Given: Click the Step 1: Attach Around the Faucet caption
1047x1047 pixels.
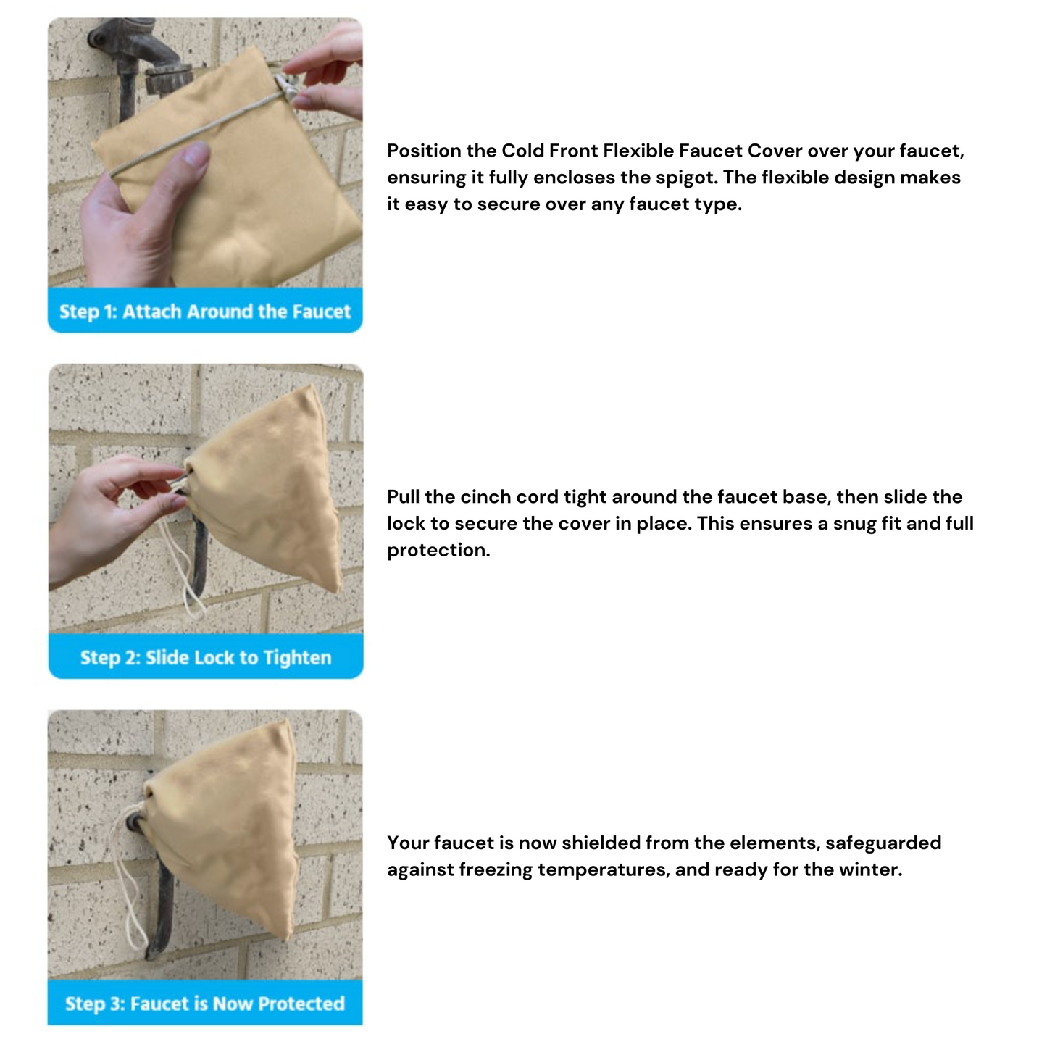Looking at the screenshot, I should [x=204, y=312].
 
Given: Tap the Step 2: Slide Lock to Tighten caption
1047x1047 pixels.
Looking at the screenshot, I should [x=206, y=658].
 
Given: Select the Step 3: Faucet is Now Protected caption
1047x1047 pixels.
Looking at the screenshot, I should [x=205, y=1004].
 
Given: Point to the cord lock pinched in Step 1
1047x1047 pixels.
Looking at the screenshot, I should [x=286, y=88].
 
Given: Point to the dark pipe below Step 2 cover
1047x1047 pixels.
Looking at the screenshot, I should [x=199, y=558].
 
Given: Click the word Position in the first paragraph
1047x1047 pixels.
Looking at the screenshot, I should [x=424, y=151].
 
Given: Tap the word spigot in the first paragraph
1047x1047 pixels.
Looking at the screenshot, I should [x=685, y=178].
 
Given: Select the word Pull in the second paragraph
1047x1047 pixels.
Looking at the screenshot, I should [x=403, y=497].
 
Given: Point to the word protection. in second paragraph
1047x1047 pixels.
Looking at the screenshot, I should [x=438, y=551].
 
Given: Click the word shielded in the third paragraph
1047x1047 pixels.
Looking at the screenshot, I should [x=601, y=843].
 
